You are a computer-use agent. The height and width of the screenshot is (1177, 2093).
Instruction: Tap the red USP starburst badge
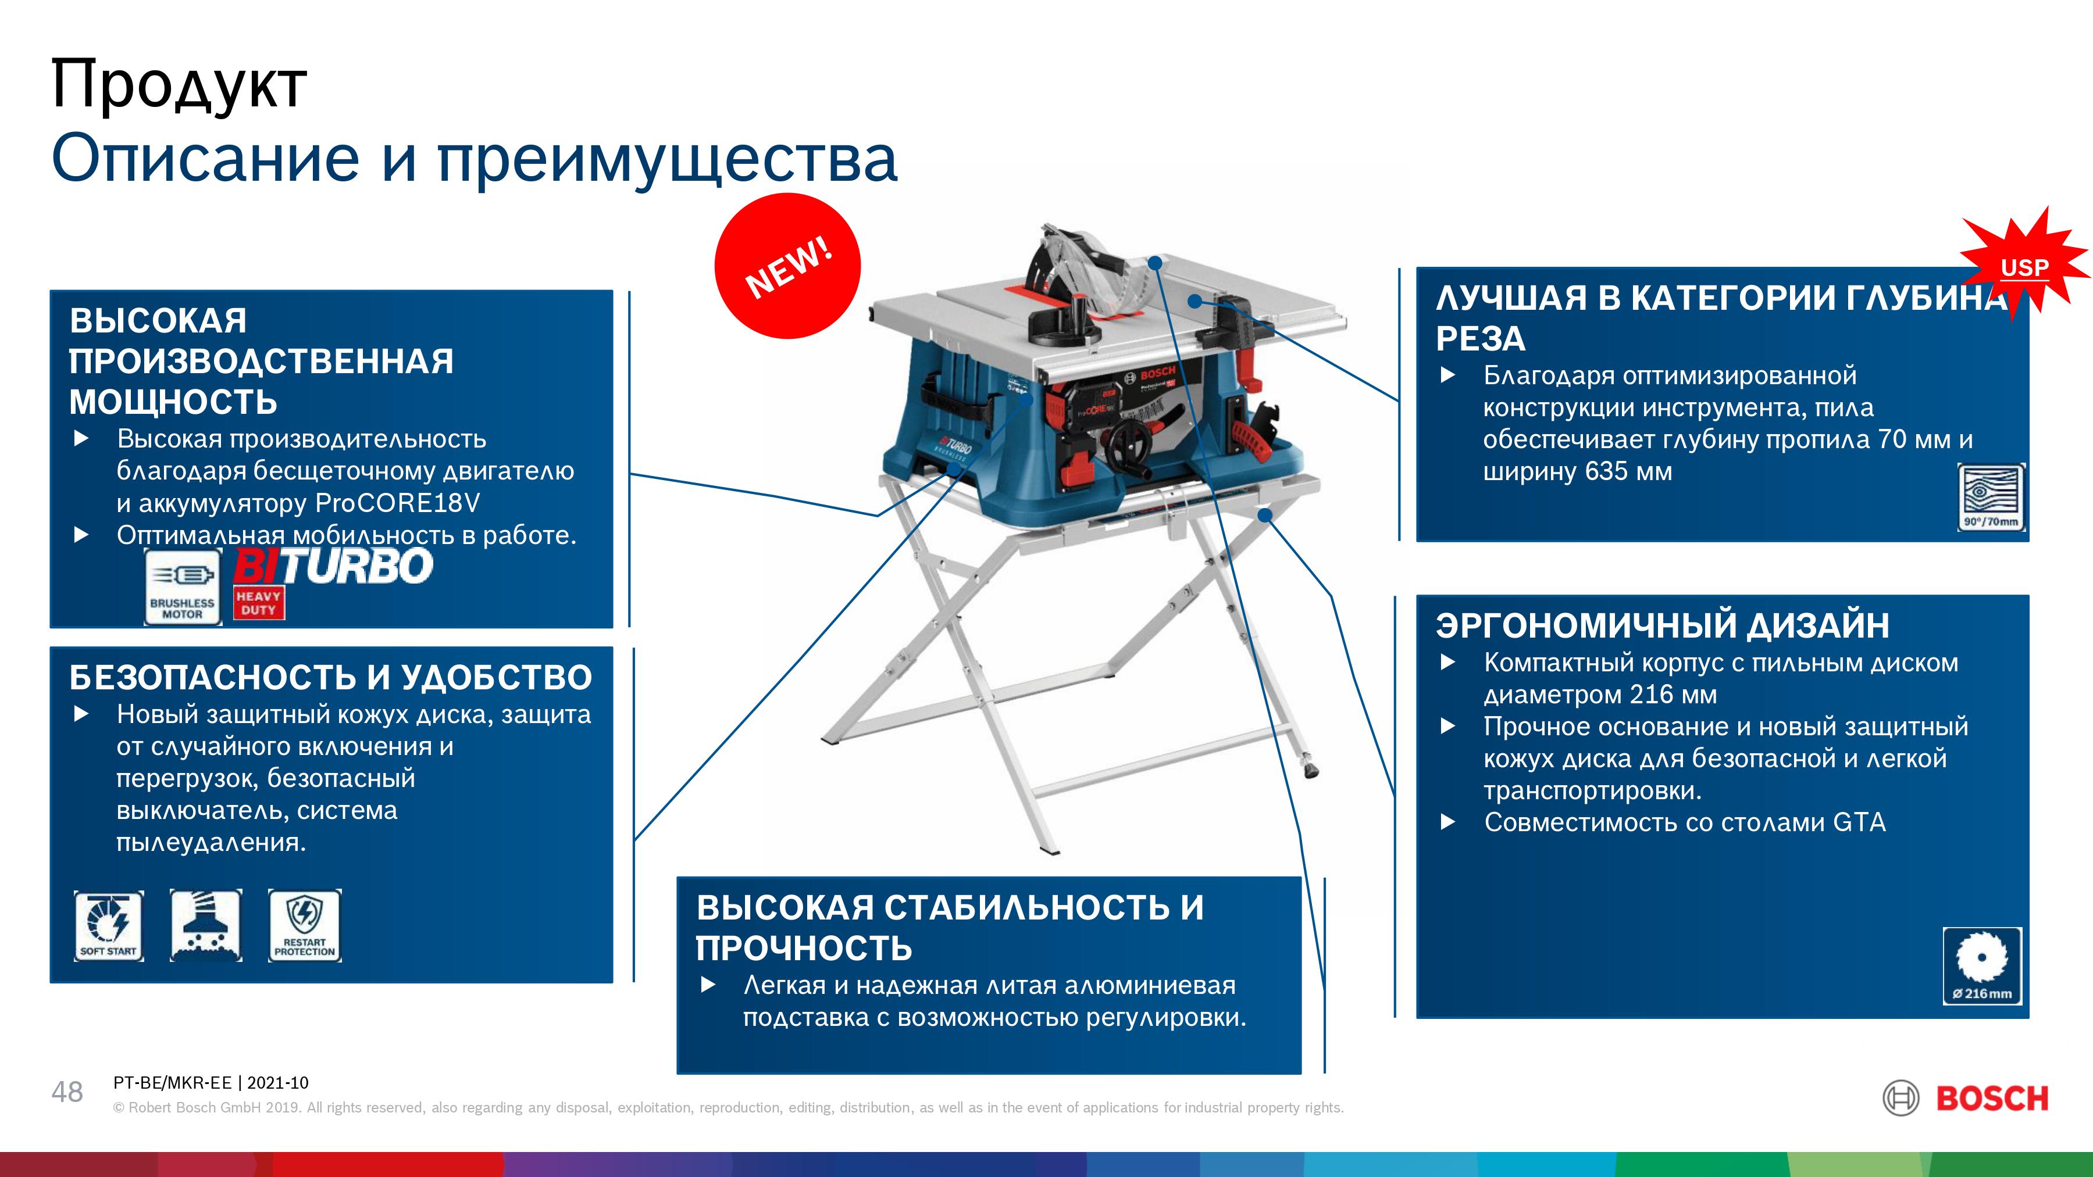point(2026,266)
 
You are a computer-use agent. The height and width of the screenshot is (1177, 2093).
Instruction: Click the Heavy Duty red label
point(258,603)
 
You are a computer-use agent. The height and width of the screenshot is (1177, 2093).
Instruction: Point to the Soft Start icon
point(109,926)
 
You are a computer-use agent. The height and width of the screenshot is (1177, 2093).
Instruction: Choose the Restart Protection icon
point(305,926)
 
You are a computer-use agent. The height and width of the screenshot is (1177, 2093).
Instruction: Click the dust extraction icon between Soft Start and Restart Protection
point(206,926)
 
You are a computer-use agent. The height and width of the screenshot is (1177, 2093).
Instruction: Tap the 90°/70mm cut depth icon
point(1991,497)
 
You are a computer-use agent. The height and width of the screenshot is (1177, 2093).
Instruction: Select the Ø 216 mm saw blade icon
point(1983,966)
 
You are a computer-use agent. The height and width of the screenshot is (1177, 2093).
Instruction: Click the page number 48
point(67,1092)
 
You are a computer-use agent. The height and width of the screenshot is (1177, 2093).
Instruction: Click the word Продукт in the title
point(179,84)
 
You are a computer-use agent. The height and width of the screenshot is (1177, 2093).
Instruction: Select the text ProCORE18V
point(397,503)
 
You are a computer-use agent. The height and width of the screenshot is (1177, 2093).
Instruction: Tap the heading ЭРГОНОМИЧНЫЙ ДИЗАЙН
point(1663,625)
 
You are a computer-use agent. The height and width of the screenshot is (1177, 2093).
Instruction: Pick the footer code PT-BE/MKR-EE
point(172,1083)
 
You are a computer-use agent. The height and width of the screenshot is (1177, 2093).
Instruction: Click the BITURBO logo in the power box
point(333,566)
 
